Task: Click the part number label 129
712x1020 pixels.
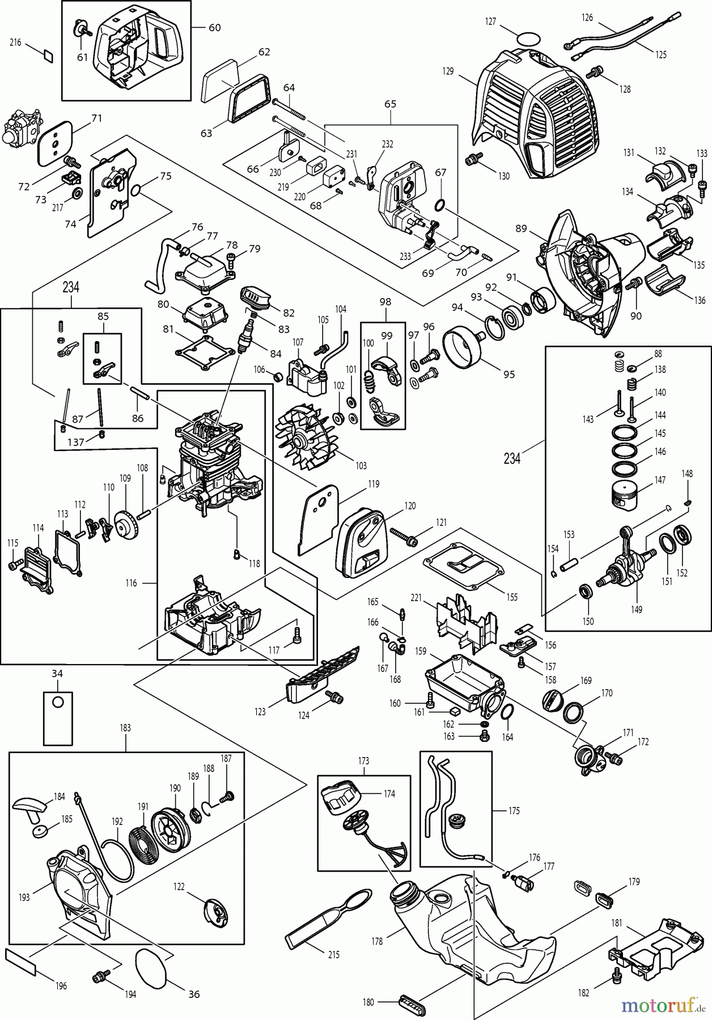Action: point(448,71)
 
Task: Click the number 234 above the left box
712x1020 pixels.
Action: point(71,287)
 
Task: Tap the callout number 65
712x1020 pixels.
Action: point(390,104)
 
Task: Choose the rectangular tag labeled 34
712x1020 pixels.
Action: point(58,718)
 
